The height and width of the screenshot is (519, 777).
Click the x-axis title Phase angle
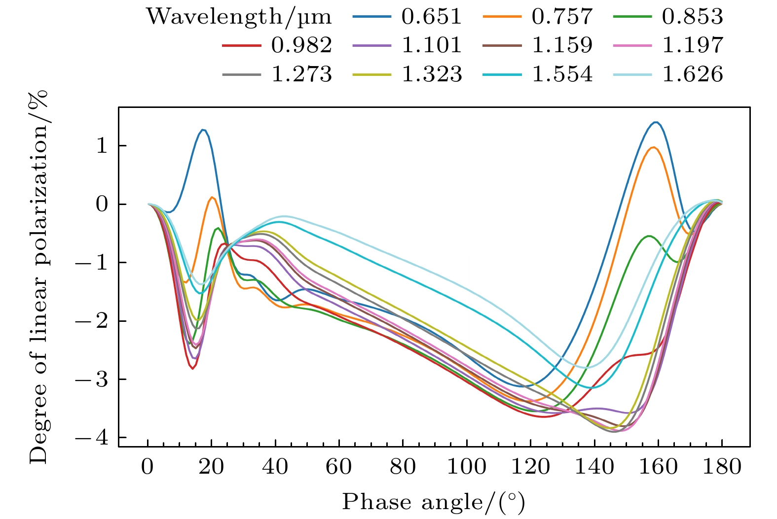(433, 502)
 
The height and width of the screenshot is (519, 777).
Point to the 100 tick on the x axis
(467, 466)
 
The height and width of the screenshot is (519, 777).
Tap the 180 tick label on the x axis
(722, 466)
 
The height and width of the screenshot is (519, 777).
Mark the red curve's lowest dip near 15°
(192, 368)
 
